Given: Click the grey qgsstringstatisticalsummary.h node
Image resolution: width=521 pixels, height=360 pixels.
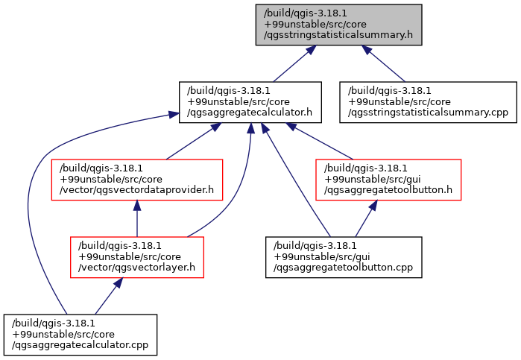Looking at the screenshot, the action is pos(338,25).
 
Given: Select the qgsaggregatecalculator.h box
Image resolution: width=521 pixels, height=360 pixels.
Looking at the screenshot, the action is pos(250,102).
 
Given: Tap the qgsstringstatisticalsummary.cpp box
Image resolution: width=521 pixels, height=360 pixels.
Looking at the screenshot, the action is pos(428,102).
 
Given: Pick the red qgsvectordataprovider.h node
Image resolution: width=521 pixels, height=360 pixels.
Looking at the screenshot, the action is pos(137,180).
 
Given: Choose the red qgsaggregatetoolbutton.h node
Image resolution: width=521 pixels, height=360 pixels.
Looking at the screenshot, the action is pos(388,180).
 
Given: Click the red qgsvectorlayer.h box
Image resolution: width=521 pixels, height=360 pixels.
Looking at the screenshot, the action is pos(137,257).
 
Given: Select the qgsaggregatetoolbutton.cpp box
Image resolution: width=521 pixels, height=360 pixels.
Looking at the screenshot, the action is pos(344,257).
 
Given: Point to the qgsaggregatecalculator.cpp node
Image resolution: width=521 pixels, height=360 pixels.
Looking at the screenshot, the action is pos(80,335).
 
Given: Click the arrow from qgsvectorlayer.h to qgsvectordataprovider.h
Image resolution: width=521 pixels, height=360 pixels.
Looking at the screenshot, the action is pos(137,218).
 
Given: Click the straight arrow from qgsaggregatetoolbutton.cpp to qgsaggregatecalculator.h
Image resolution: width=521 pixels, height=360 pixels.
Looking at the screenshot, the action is pos(296,180).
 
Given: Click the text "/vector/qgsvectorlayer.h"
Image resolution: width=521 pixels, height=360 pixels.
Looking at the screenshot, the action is pos(136,268).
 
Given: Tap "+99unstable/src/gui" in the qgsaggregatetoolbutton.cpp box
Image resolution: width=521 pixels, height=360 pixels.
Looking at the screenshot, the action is pos(322,257).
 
